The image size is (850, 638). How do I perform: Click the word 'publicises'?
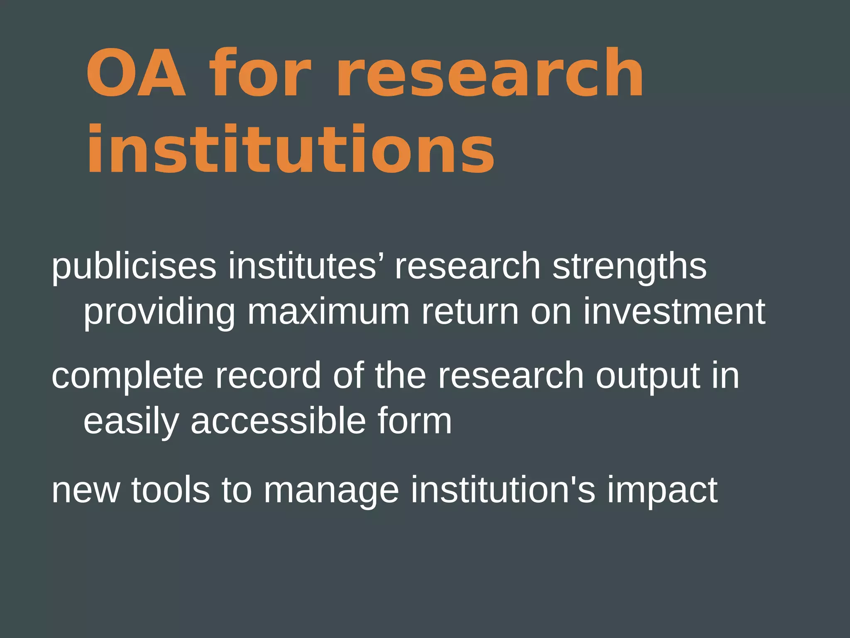(134, 267)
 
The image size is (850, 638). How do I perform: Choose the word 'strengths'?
(629, 267)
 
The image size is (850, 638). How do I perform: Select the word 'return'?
(470, 312)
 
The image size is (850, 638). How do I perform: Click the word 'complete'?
(127, 376)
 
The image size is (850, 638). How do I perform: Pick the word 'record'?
(268, 375)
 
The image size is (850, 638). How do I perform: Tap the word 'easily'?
(131, 422)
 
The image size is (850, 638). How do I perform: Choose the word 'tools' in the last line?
(171, 490)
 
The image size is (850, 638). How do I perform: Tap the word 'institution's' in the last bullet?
(503, 490)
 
